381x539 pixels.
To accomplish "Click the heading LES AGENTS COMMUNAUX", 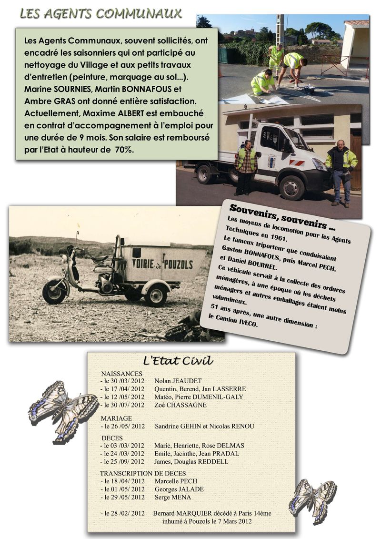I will tap(100, 13).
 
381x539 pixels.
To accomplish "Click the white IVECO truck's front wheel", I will tap(291, 187).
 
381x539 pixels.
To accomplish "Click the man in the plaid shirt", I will tap(246, 167).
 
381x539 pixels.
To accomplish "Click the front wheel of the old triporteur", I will tap(54, 291).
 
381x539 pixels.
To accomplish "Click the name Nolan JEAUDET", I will tap(178, 381).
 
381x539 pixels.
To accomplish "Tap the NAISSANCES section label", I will tap(121, 373).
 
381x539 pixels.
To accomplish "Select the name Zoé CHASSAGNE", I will tap(180, 405).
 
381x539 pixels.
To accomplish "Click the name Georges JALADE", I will tap(179, 489).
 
